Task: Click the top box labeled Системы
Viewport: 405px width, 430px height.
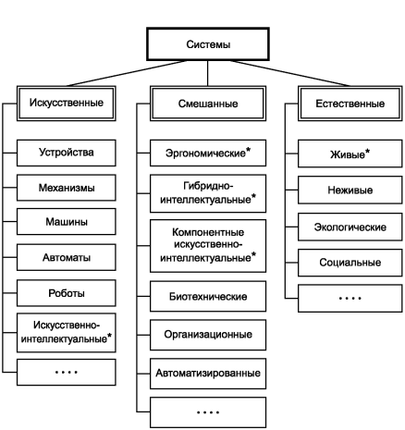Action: point(208,44)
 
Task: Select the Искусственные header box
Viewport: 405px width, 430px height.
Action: point(67,104)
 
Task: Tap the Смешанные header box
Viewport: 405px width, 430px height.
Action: point(208,104)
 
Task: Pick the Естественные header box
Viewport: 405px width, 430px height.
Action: point(350,104)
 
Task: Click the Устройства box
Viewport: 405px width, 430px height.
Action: point(67,153)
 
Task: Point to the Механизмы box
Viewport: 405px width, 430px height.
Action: point(67,188)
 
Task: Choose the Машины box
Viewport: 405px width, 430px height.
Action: point(67,222)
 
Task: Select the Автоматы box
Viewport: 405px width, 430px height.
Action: point(67,257)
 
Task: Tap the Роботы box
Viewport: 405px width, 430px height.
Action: point(67,293)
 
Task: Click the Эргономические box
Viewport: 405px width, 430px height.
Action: point(208,153)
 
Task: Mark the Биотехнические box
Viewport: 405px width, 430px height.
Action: point(208,296)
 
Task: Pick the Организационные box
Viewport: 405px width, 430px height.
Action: point(208,335)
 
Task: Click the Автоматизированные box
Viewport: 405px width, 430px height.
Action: point(208,374)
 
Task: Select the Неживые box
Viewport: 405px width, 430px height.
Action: point(350,190)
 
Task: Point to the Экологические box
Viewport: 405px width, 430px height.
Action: point(350,227)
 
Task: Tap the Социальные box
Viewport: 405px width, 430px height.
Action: point(350,263)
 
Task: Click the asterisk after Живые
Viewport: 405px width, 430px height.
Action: point(367,152)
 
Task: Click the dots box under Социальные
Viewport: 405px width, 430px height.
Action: point(350,299)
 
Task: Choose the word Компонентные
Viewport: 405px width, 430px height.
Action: point(208,232)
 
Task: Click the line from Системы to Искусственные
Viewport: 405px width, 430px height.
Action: point(127,73)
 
